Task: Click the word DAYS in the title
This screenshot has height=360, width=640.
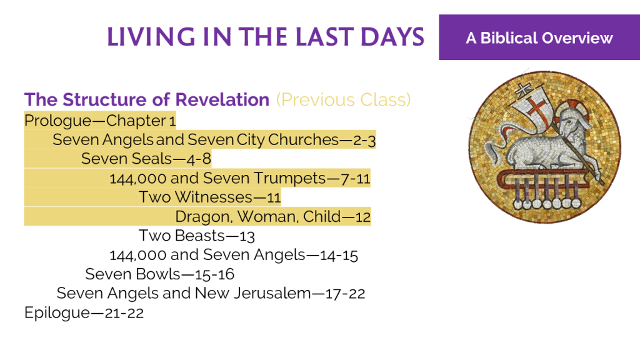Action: (x=392, y=37)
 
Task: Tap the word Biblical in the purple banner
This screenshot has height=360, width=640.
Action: (x=509, y=38)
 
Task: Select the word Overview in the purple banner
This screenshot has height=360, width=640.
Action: (x=577, y=38)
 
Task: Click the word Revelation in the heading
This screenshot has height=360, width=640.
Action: (x=222, y=99)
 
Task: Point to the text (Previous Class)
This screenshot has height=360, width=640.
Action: (x=343, y=100)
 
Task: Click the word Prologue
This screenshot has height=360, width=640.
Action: (x=58, y=121)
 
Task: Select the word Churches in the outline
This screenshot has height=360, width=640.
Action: (x=303, y=139)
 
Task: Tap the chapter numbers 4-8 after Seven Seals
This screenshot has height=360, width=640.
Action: (x=199, y=159)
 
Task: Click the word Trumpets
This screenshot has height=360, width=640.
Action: (x=289, y=178)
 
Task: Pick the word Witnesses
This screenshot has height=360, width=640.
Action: (x=214, y=197)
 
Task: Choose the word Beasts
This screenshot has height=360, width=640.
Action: (x=200, y=236)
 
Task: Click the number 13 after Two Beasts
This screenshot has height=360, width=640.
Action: (x=247, y=236)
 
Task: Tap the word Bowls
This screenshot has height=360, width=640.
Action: (x=158, y=274)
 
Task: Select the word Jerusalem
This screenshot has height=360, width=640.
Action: (x=272, y=293)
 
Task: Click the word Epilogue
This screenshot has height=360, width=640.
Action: (x=57, y=313)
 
